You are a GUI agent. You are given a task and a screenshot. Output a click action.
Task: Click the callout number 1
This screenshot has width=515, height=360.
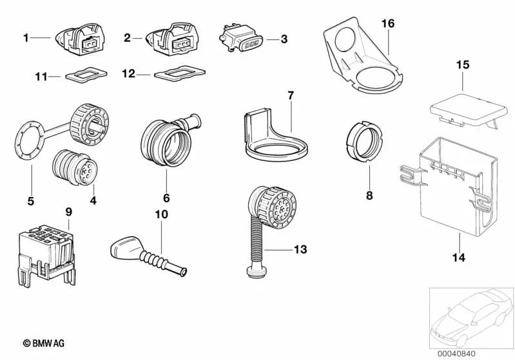pyautogui.click(x=26, y=38)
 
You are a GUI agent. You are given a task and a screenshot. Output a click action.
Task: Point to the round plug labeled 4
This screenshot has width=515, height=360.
pyautogui.click(x=72, y=169)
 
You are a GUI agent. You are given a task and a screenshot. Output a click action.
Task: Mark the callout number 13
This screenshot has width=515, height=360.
pyautogui.click(x=300, y=249)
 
